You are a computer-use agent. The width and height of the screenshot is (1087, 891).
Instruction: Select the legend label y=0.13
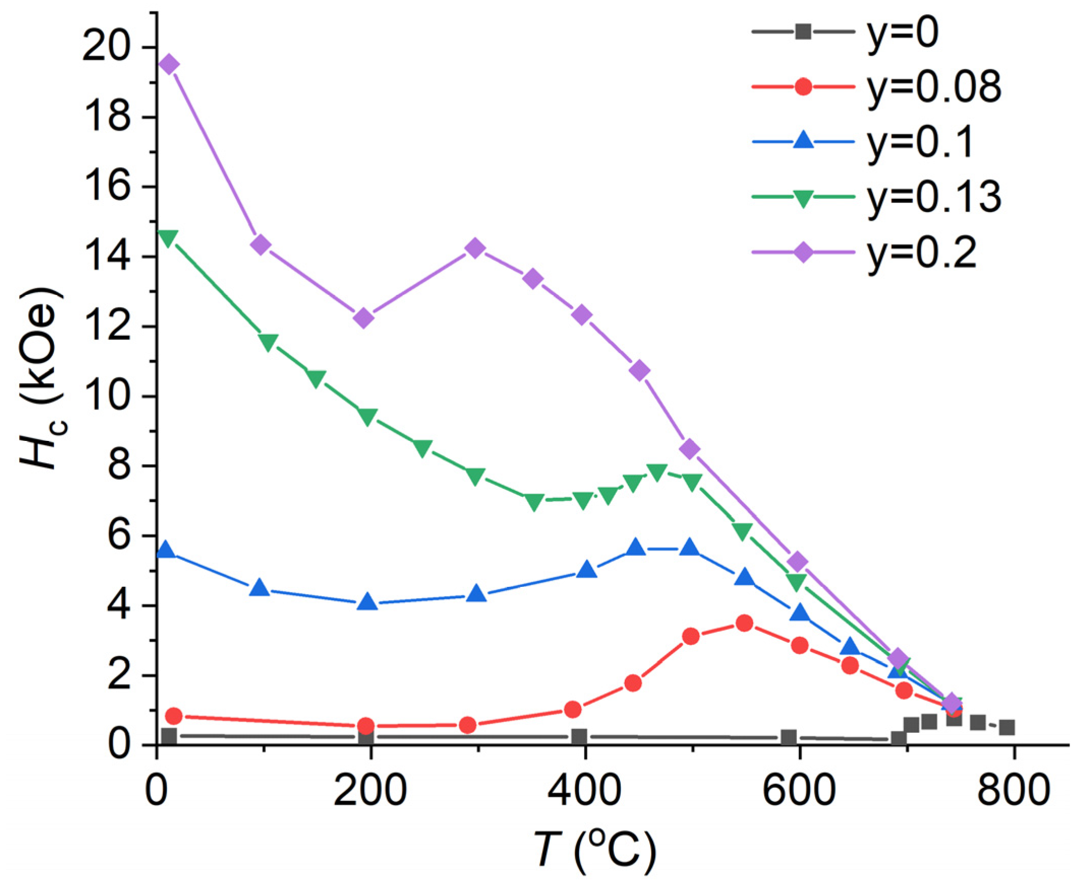pos(933,199)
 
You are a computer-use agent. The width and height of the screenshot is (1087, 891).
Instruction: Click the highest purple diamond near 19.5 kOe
pos(169,65)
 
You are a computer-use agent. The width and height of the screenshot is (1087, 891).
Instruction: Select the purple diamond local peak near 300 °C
pos(475,248)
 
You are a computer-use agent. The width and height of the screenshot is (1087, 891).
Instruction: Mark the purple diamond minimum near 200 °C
pos(363,318)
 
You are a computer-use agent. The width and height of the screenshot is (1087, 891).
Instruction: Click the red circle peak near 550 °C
pos(744,623)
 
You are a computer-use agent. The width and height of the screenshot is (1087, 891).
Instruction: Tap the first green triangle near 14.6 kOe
pos(168,237)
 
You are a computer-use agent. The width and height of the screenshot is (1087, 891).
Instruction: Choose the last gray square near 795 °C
pos(1007,727)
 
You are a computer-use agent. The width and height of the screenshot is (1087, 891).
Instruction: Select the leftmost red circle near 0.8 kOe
pos(174,716)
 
